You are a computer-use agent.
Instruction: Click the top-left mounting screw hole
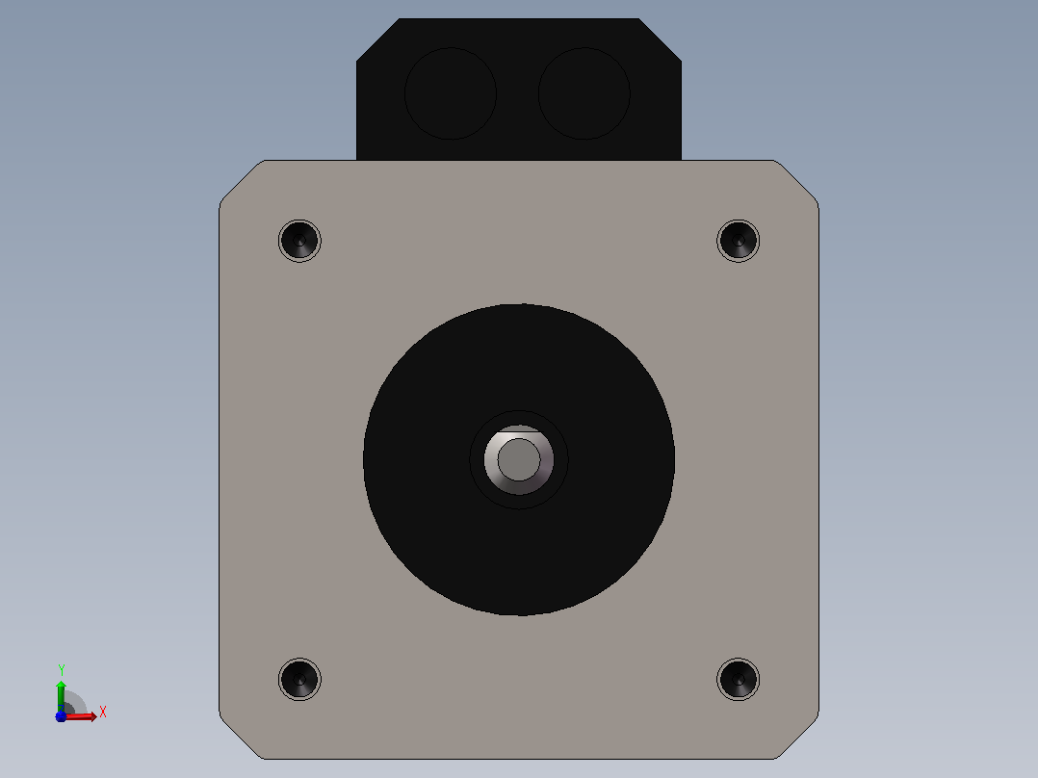[x=299, y=241]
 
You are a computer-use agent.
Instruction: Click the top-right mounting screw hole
[x=739, y=241]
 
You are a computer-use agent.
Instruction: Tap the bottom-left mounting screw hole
[x=299, y=680]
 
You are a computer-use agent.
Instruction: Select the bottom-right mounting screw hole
[x=739, y=680]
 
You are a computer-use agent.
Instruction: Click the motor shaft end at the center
[x=519, y=459]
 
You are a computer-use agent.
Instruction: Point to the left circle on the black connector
[x=451, y=93]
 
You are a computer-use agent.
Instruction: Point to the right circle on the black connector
[x=584, y=93]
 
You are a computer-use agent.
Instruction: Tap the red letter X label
[x=103, y=713]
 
